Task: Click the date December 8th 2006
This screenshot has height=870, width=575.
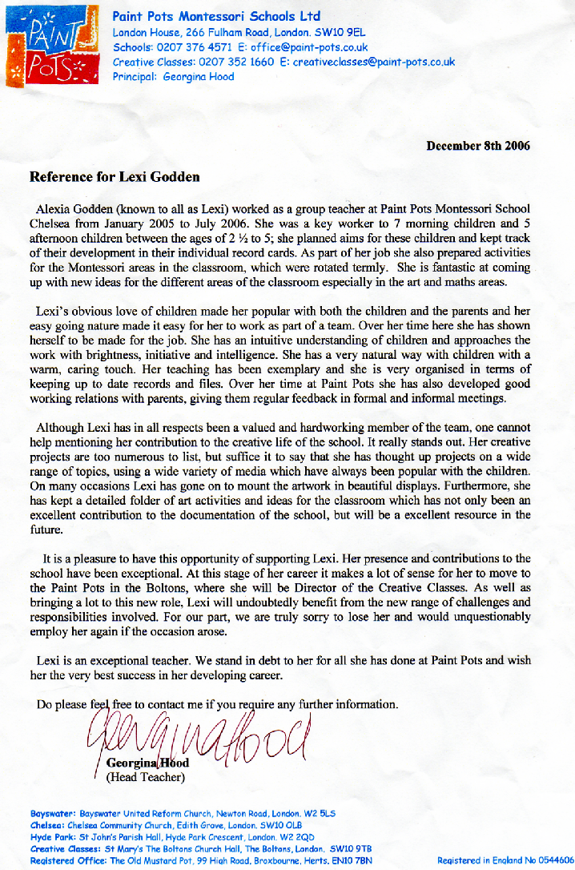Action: click(x=477, y=146)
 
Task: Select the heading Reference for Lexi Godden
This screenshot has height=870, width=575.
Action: click(x=115, y=176)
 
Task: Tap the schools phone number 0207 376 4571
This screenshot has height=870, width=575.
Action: click(x=195, y=47)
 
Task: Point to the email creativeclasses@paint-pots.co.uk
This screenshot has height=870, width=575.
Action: click(x=373, y=62)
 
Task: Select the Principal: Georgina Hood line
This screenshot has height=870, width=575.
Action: click(x=174, y=77)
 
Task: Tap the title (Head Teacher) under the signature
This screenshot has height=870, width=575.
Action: click(x=146, y=776)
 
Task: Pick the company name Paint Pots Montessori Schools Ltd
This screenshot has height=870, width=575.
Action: click(x=216, y=16)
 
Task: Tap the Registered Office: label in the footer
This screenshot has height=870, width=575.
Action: click(x=67, y=860)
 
